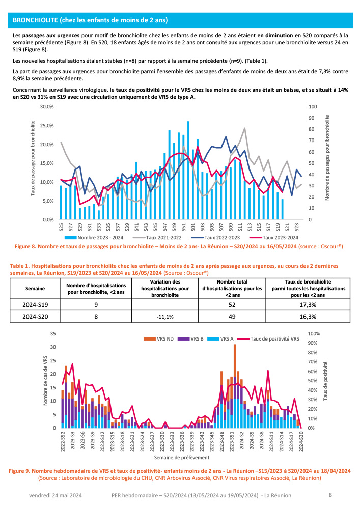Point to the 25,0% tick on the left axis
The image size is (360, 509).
pos(46,126)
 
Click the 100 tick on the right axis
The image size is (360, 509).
pos(313,107)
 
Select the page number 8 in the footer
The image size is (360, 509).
pos(330,494)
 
